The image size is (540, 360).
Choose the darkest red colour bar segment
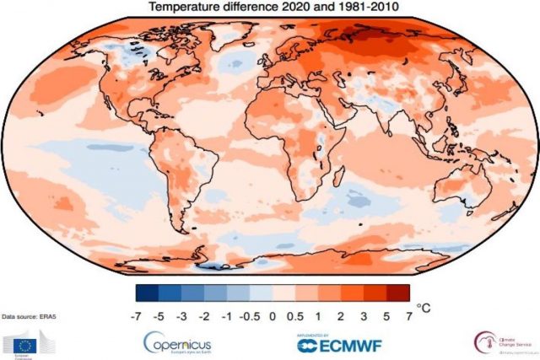(398, 293)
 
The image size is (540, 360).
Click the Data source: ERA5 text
(30, 315)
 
